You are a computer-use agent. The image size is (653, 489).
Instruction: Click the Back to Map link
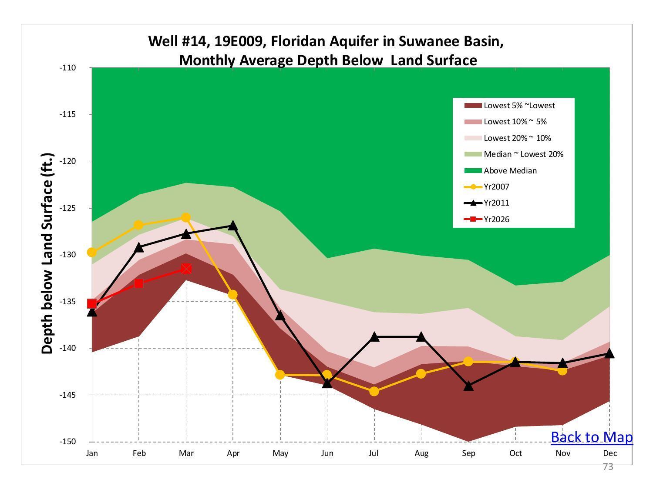pyautogui.click(x=591, y=437)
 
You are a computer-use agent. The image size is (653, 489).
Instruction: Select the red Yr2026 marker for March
pyautogui.click(x=186, y=269)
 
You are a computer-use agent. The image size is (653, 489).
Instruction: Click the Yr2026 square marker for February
pyautogui.click(x=139, y=283)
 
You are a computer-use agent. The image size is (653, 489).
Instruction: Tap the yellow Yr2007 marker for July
pyautogui.click(x=374, y=392)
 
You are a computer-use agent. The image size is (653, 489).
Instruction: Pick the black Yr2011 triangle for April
pyautogui.click(x=233, y=226)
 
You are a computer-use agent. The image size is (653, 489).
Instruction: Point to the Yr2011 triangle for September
pyautogui.click(x=468, y=386)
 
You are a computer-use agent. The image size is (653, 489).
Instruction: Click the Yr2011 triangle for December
pyautogui.click(x=609, y=354)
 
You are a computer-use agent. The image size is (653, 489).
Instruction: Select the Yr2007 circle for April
pyautogui.click(x=233, y=295)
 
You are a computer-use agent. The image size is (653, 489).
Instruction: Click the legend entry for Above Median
pyautogui.click(x=510, y=171)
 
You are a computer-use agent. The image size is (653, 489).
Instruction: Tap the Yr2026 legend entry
pyautogui.click(x=496, y=220)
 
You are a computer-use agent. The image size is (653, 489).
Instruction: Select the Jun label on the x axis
pyautogui.click(x=327, y=453)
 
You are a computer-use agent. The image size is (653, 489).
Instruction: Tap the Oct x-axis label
pyautogui.click(x=515, y=453)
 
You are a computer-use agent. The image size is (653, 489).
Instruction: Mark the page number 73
pyautogui.click(x=608, y=467)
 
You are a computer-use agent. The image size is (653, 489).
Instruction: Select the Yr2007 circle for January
pyautogui.click(x=92, y=252)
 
